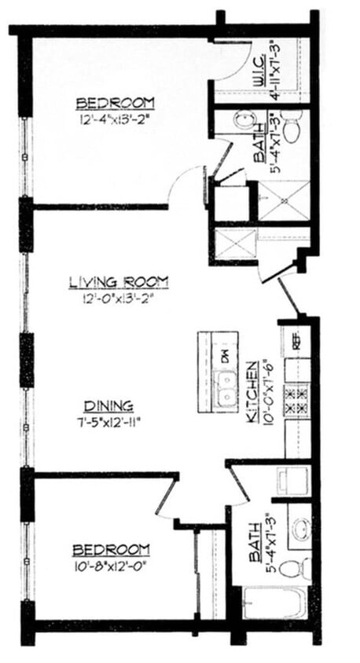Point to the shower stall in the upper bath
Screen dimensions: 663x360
click(284, 201)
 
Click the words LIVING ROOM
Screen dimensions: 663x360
click(119, 281)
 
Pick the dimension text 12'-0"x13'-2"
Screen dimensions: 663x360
click(119, 297)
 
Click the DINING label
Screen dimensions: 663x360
click(109, 405)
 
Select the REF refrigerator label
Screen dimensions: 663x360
click(297, 342)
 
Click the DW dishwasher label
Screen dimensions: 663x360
click(224, 355)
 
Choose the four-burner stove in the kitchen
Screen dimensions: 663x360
click(298, 401)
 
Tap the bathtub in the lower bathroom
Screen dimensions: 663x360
click(274, 603)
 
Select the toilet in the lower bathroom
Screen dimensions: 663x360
click(294, 566)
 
